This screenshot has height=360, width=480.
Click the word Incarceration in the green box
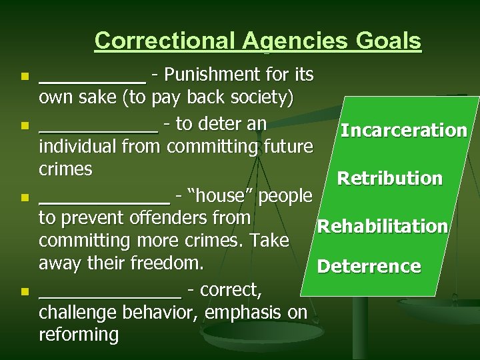(x=403, y=130)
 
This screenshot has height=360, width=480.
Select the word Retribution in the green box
(x=390, y=179)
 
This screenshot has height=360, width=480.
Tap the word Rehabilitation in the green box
(x=382, y=227)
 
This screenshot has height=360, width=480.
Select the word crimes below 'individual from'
(x=66, y=169)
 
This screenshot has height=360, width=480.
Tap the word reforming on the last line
(x=79, y=333)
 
